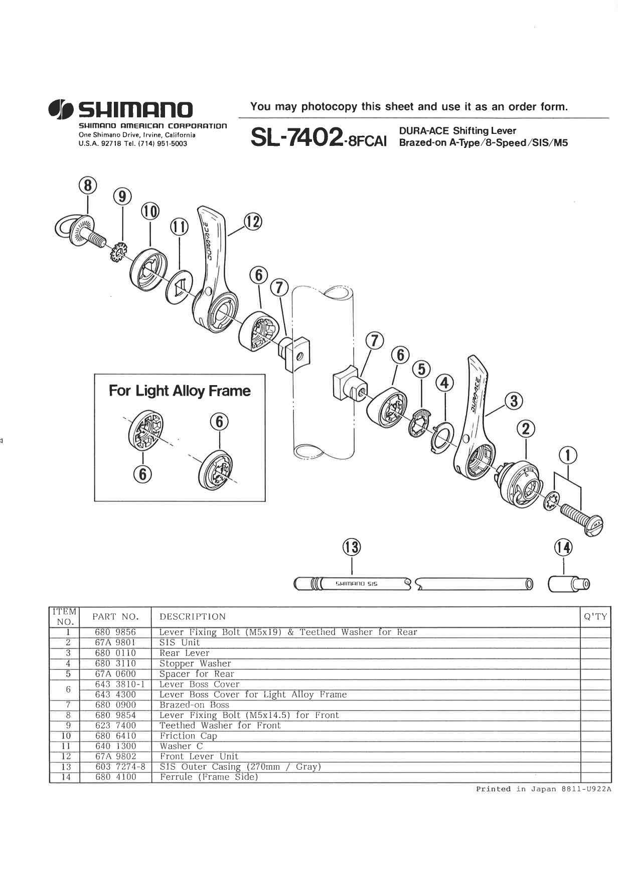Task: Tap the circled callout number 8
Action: (88, 186)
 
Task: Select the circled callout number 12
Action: (253, 221)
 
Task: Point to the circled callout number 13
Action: (351, 547)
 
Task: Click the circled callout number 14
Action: (563, 547)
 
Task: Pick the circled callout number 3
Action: (514, 401)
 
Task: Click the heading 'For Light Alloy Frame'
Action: (180, 391)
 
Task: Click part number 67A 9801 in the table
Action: (115, 642)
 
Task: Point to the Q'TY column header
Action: (595, 617)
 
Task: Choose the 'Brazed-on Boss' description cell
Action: (194, 705)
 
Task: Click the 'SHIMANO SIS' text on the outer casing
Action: (357, 584)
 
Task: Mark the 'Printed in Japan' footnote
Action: (543, 789)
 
